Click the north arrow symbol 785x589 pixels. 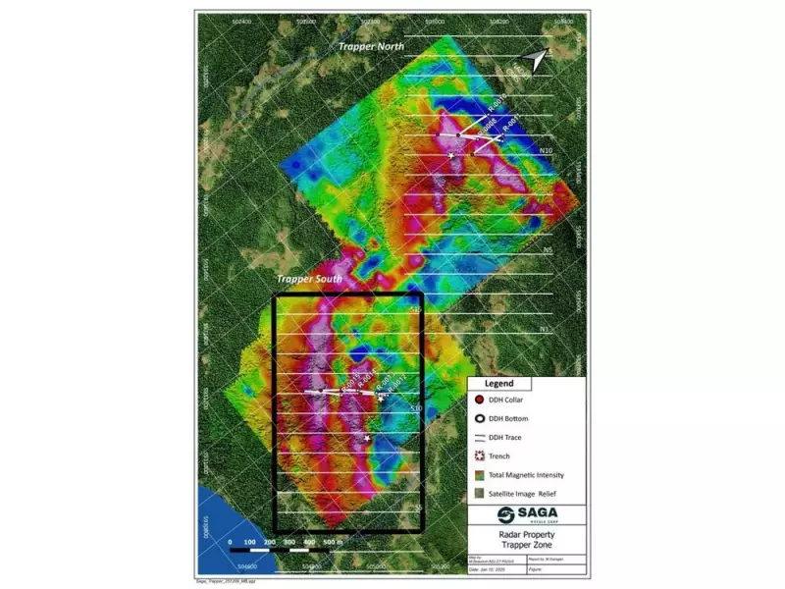[534, 62]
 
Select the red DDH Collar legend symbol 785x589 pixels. [480, 400]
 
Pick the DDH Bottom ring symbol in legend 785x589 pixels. [480, 418]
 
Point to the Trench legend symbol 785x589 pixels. [480, 456]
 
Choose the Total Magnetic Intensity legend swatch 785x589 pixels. [480, 475]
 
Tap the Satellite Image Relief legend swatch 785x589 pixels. [480, 494]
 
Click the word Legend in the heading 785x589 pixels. [500, 383]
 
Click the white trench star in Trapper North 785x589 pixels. [451, 155]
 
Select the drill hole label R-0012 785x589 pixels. [396, 387]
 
